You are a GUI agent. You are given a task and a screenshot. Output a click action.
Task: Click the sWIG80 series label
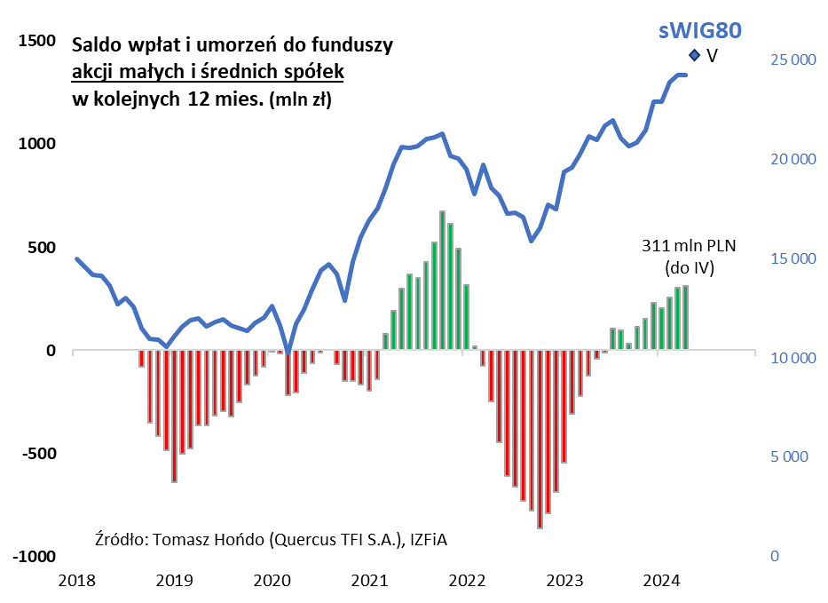point(699,30)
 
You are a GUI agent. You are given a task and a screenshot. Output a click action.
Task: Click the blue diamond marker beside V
point(694,56)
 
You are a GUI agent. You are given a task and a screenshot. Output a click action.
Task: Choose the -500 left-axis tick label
point(36,454)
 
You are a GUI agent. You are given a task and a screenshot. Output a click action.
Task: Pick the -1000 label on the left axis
point(34,556)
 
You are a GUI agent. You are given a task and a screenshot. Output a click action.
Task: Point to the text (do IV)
point(690,266)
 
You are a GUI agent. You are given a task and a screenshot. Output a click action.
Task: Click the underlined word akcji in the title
point(91,71)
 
